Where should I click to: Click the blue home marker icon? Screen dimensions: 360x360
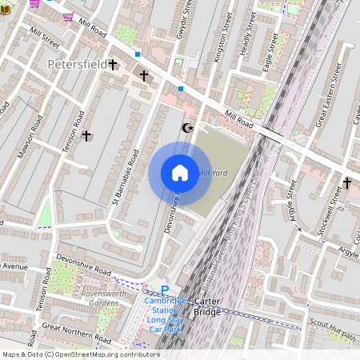point(180,173)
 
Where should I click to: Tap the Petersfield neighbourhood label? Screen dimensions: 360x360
point(77,63)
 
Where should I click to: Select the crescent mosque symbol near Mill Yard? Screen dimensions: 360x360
point(189,127)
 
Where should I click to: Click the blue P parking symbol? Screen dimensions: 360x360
point(165,291)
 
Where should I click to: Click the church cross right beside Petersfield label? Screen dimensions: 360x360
point(113,64)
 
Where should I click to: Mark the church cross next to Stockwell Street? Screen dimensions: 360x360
point(347,183)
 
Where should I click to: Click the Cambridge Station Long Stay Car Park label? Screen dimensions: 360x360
point(166,315)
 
